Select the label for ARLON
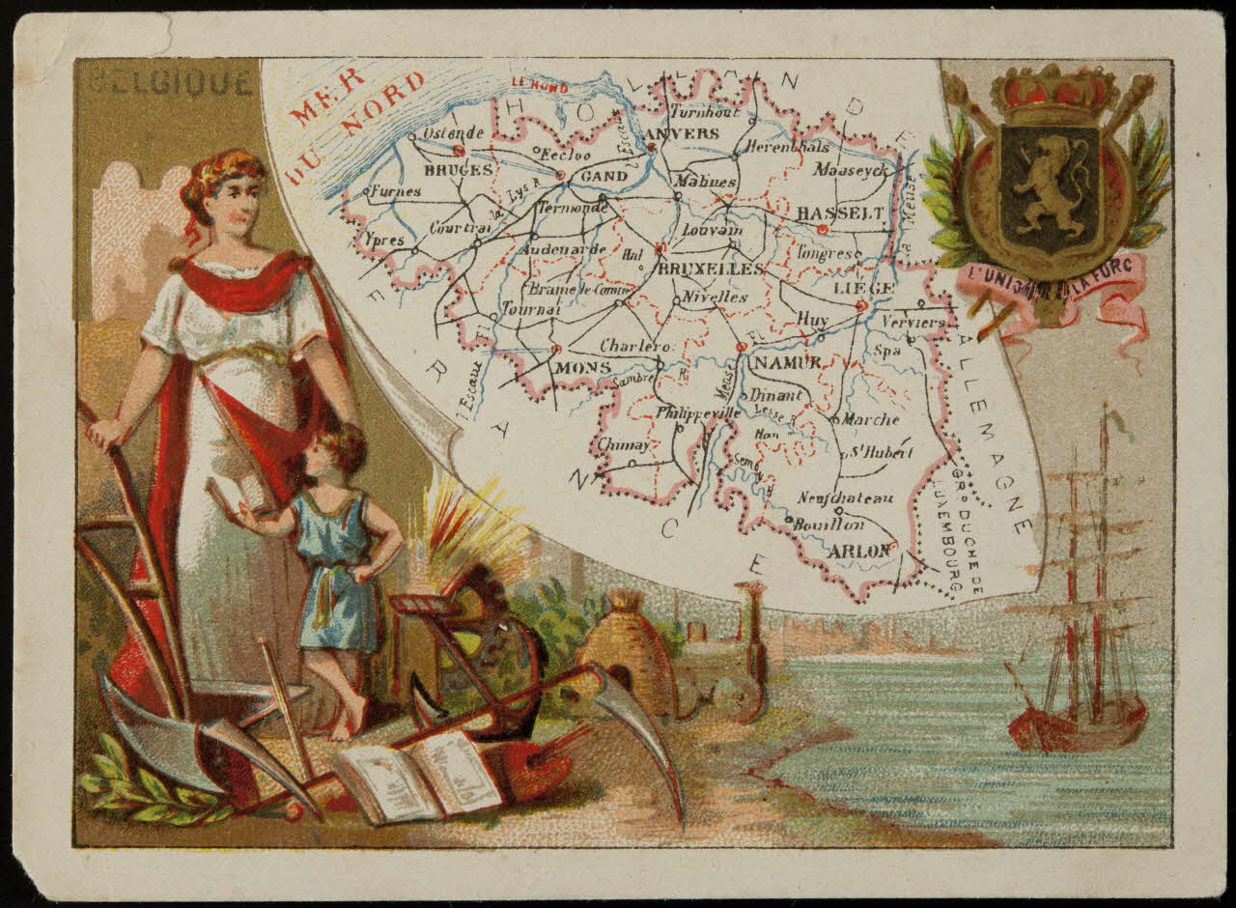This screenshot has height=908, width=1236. [859, 551]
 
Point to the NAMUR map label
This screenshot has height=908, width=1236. [787, 362]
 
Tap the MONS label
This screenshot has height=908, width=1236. [583, 368]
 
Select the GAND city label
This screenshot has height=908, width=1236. [604, 177]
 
